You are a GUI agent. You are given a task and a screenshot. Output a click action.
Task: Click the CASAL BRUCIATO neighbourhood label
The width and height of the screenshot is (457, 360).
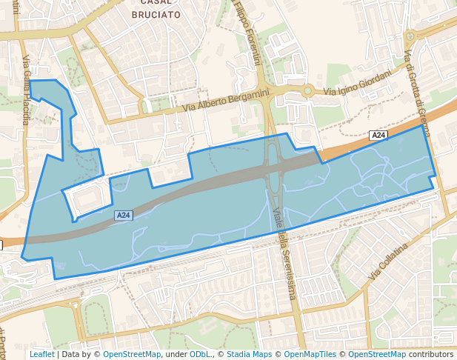[x=156, y=8]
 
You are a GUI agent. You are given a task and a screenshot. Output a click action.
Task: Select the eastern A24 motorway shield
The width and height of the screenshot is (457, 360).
[x=378, y=135]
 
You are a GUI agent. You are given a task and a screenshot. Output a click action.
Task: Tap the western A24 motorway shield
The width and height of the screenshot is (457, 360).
[x=123, y=216]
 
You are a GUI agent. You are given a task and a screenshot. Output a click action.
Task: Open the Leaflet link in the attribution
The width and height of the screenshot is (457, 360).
[x=41, y=354]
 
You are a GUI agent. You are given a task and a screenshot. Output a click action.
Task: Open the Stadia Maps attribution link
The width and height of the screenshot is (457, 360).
[x=249, y=354]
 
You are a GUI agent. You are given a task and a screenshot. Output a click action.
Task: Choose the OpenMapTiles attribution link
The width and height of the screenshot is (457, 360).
[x=310, y=354]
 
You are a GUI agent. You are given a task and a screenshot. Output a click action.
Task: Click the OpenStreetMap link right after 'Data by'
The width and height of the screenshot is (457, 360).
[x=132, y=354]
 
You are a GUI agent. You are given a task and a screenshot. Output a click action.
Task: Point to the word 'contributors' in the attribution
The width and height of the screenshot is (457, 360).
[x=430, y=354]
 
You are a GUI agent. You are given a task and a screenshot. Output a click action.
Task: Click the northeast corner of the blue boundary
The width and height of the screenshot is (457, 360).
[x=423, y=125]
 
